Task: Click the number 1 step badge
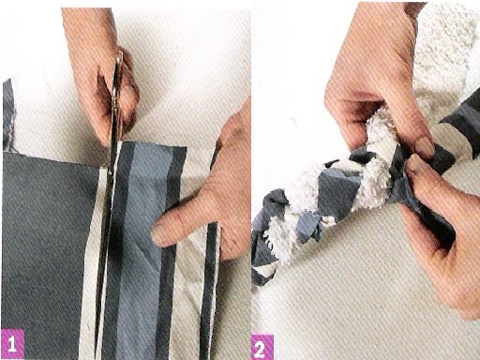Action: [x=12, y=344]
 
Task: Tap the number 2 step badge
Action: [x=262, y=347]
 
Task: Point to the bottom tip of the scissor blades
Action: [x=97, y=356]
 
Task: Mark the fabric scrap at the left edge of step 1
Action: [x=8, y=114]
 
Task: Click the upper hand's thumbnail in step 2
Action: [x=424, y=146]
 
